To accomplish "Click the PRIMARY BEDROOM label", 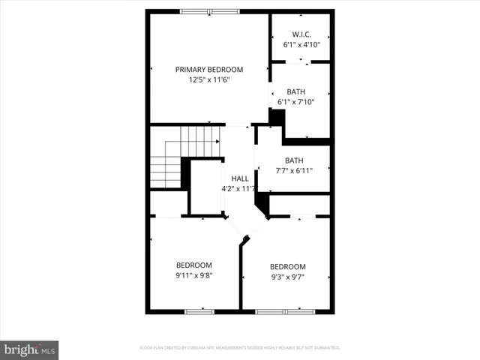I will click(209, 70).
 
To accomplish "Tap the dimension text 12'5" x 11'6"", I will click(209, 80).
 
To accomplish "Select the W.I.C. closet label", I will click(301, 34).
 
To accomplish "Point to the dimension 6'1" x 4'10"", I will click(301, 45).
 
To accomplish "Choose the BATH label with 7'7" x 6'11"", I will click(293, 160).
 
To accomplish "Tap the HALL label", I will click(240, 178).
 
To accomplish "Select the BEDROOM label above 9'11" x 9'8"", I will click(194, 265).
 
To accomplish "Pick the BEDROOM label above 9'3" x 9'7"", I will click(287, 267).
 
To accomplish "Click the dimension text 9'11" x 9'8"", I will click(194, 275).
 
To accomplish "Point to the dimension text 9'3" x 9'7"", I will click(287, 277).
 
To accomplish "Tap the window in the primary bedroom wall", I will click(209, 11).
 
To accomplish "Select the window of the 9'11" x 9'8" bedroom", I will click(199, 311).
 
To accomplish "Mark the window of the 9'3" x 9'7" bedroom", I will click(286, 311).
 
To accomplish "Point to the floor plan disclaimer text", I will click(240, 348).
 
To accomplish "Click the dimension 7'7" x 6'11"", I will click(293, 171).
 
